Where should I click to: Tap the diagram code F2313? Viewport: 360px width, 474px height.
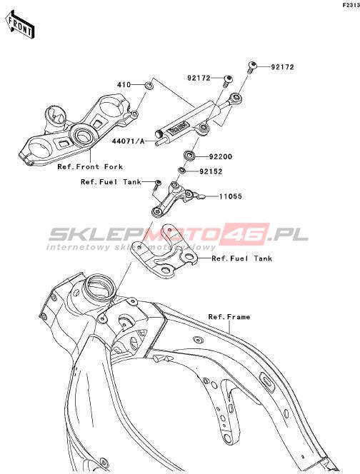[x=351, y=6]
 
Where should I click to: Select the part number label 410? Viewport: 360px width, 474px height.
[x=124, y=85]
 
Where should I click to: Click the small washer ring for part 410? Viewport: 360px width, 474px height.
[x=149, y=86]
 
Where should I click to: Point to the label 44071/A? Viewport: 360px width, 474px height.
[x=129, y=141]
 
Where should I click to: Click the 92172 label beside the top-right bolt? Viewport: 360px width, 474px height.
[x=282, y=67]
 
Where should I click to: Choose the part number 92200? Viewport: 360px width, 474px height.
[x=221, y=157]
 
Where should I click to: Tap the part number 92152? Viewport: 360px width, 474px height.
[x=211, y=172]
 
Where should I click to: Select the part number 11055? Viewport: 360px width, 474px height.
[x=231, y=196]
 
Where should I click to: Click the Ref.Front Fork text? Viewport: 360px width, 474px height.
[x=90, y=166]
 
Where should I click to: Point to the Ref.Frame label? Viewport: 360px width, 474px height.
[x=229, y=317]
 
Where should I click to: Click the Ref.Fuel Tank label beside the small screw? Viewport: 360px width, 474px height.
[x=111, y=182]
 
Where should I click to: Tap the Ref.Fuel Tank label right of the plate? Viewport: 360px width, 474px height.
[x=241, y=258]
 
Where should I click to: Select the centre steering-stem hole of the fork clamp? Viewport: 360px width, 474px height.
[x=83, y=136]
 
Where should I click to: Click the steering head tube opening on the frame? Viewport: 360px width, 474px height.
[x=99, y=284]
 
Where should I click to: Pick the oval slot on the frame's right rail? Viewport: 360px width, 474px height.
[x=268, y=381]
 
